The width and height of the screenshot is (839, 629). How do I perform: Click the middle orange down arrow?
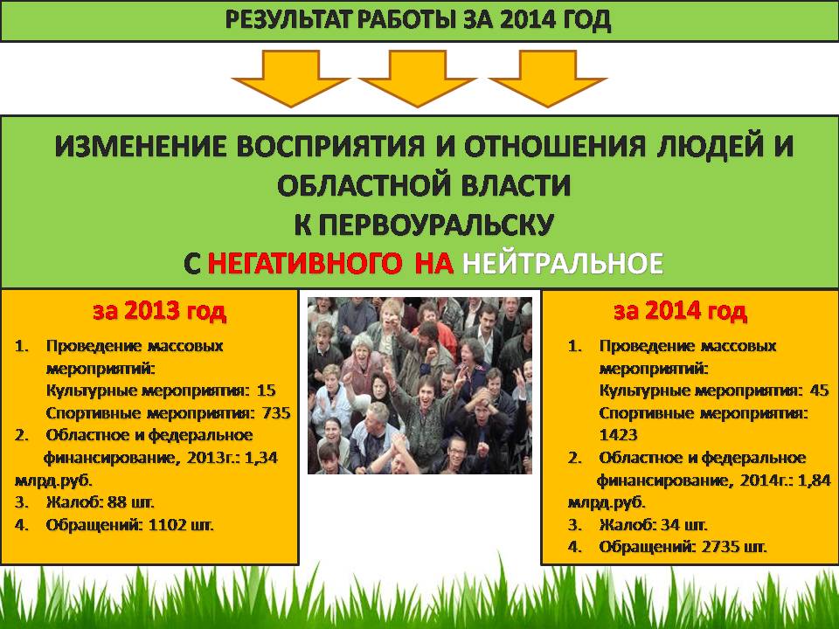[418, 75]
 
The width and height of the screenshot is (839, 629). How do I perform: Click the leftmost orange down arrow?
[291, 75]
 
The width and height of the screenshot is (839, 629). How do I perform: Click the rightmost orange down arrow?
[548, 75]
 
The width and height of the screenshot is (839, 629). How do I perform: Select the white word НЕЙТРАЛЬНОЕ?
[563, 264]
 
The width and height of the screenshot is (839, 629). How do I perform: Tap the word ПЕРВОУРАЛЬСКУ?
[423, 225]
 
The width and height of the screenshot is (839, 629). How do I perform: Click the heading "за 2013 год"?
[159, 311]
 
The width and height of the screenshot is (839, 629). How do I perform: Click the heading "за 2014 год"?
[680, 311]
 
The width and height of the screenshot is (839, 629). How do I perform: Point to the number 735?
[276, 413]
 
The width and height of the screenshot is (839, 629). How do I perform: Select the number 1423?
[618, 435]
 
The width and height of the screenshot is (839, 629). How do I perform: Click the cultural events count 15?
[266, 391]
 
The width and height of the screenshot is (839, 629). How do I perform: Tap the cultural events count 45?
[819, 391]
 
